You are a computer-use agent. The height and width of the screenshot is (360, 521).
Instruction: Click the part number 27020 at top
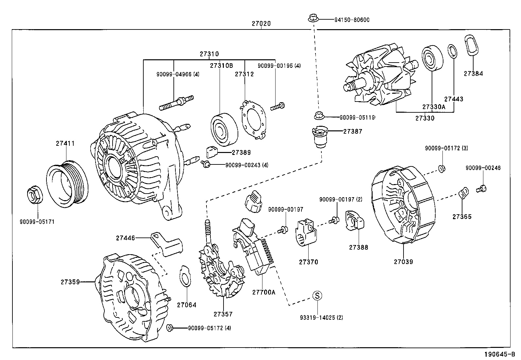(x=261, y=24)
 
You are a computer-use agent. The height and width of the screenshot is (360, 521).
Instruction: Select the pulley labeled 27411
(x=67, y=184)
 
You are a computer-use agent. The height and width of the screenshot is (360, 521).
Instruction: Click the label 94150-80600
(x=351, y=20)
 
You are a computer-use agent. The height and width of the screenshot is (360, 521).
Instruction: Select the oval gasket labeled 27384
(x=471, y=49)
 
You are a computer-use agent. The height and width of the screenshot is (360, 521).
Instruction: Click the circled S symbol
(x=317, y=295)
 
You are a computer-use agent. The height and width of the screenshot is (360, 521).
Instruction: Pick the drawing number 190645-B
(x=499, y=354)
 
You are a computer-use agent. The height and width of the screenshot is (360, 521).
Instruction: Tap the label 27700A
(x=263, y=292)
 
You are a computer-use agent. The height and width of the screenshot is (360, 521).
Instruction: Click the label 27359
(x=70, y=281)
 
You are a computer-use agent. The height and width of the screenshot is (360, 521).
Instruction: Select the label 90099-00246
(x=483, y=168)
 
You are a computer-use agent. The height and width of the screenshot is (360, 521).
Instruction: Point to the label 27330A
(x=434, y=107)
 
